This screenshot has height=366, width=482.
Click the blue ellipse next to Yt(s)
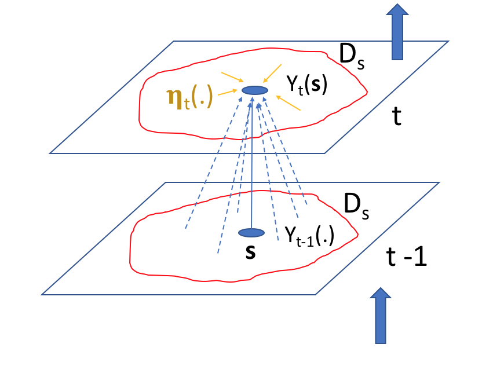(254, 90)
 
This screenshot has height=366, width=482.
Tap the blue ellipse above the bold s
(251, 232)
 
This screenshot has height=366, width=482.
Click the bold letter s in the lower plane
(251, 252)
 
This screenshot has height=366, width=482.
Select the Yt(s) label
(307, 86)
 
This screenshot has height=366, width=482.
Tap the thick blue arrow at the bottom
(381, 315)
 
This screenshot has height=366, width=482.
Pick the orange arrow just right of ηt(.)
(227, 92)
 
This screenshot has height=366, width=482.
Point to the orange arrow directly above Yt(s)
(273, 74)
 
